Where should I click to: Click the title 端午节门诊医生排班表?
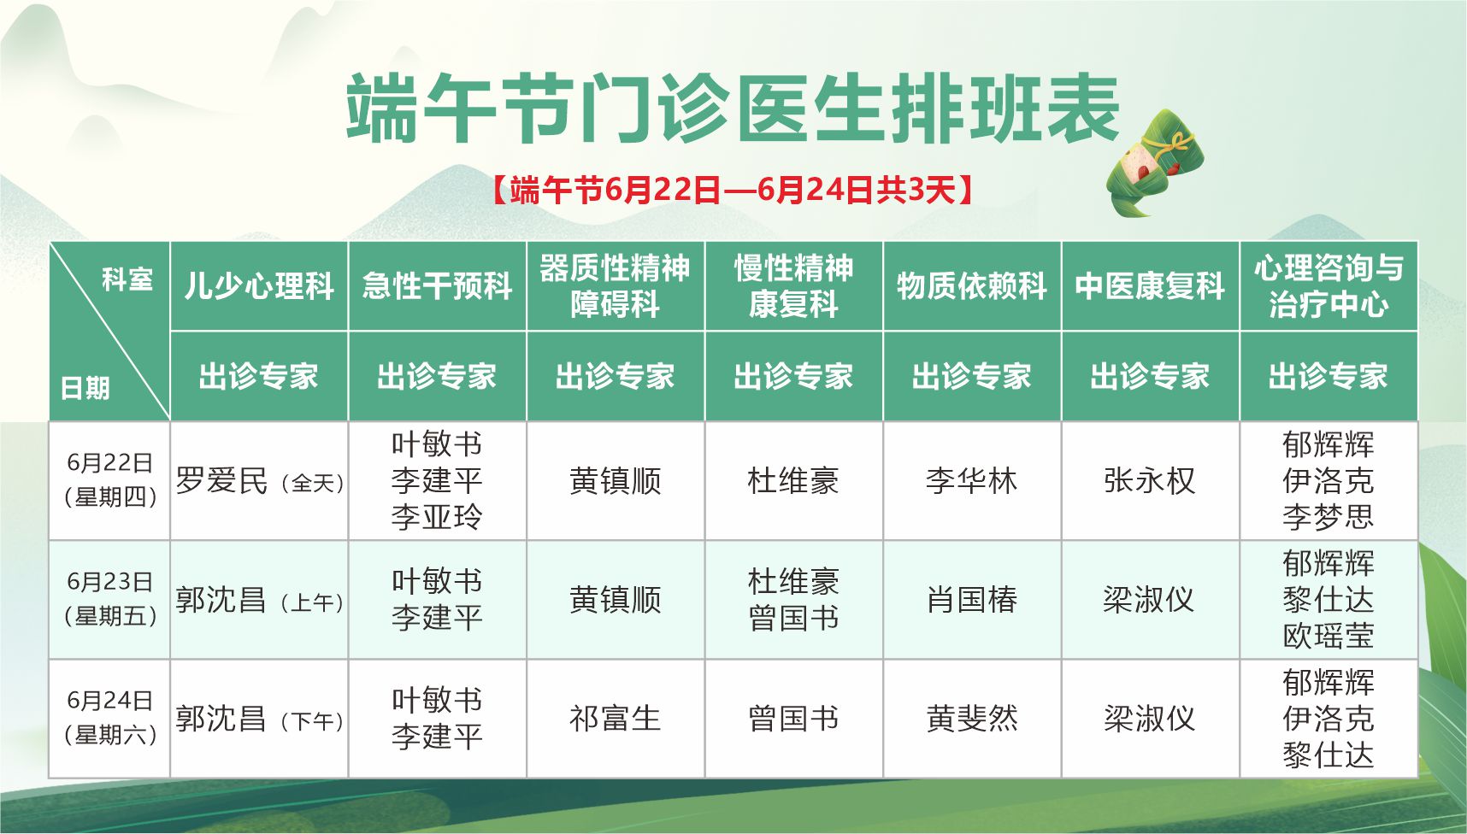click(x=733, y=109)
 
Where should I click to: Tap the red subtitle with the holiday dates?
click(x=733, y=190)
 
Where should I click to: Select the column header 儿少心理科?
click(x=259, y=286)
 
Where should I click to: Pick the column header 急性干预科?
click(x=437, y=286)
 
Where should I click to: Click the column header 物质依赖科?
click(x=972, y=286)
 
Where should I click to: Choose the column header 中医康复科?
click(x=1150, y=286)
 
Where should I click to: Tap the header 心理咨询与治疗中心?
click(x=1329, y=286)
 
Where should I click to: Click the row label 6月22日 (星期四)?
click(x=110, y=479)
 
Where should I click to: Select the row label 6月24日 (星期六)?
click(x=110, y=718)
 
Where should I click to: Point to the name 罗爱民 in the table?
click(x=221, y=480)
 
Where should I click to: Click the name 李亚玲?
click(x=437, y=517)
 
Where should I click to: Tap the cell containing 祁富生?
click(x=616, y=719)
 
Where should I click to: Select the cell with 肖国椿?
click(x=972, y=600)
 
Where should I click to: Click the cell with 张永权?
click(x=1150, y=480)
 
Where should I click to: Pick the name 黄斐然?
click(x=972, y=719)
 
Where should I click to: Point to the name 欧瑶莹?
click(x=1329, y=636)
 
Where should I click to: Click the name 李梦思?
click(x=1329, y=517)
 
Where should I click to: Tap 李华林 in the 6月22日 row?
click(x=972, y=480)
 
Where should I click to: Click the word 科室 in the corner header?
click(x=127, y=279)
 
